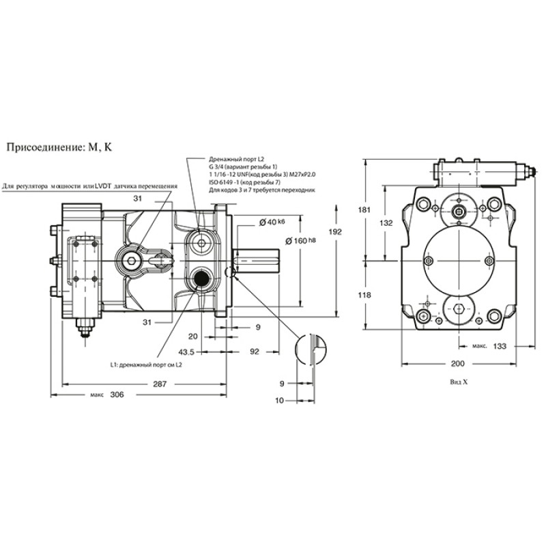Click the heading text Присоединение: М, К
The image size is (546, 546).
coord(59,147)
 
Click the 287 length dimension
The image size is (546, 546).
coord(160,384)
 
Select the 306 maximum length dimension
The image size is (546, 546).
coord(117,394)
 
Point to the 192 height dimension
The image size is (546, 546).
coord(335,231)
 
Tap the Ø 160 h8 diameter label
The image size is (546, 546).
coord(301,241)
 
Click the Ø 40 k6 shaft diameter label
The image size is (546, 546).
coord(272,222)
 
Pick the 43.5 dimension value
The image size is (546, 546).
coord(186,352)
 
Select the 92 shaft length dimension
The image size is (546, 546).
coord(255,351)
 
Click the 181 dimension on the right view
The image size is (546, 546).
coord(364,210)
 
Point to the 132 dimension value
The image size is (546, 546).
coord(386,223)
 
